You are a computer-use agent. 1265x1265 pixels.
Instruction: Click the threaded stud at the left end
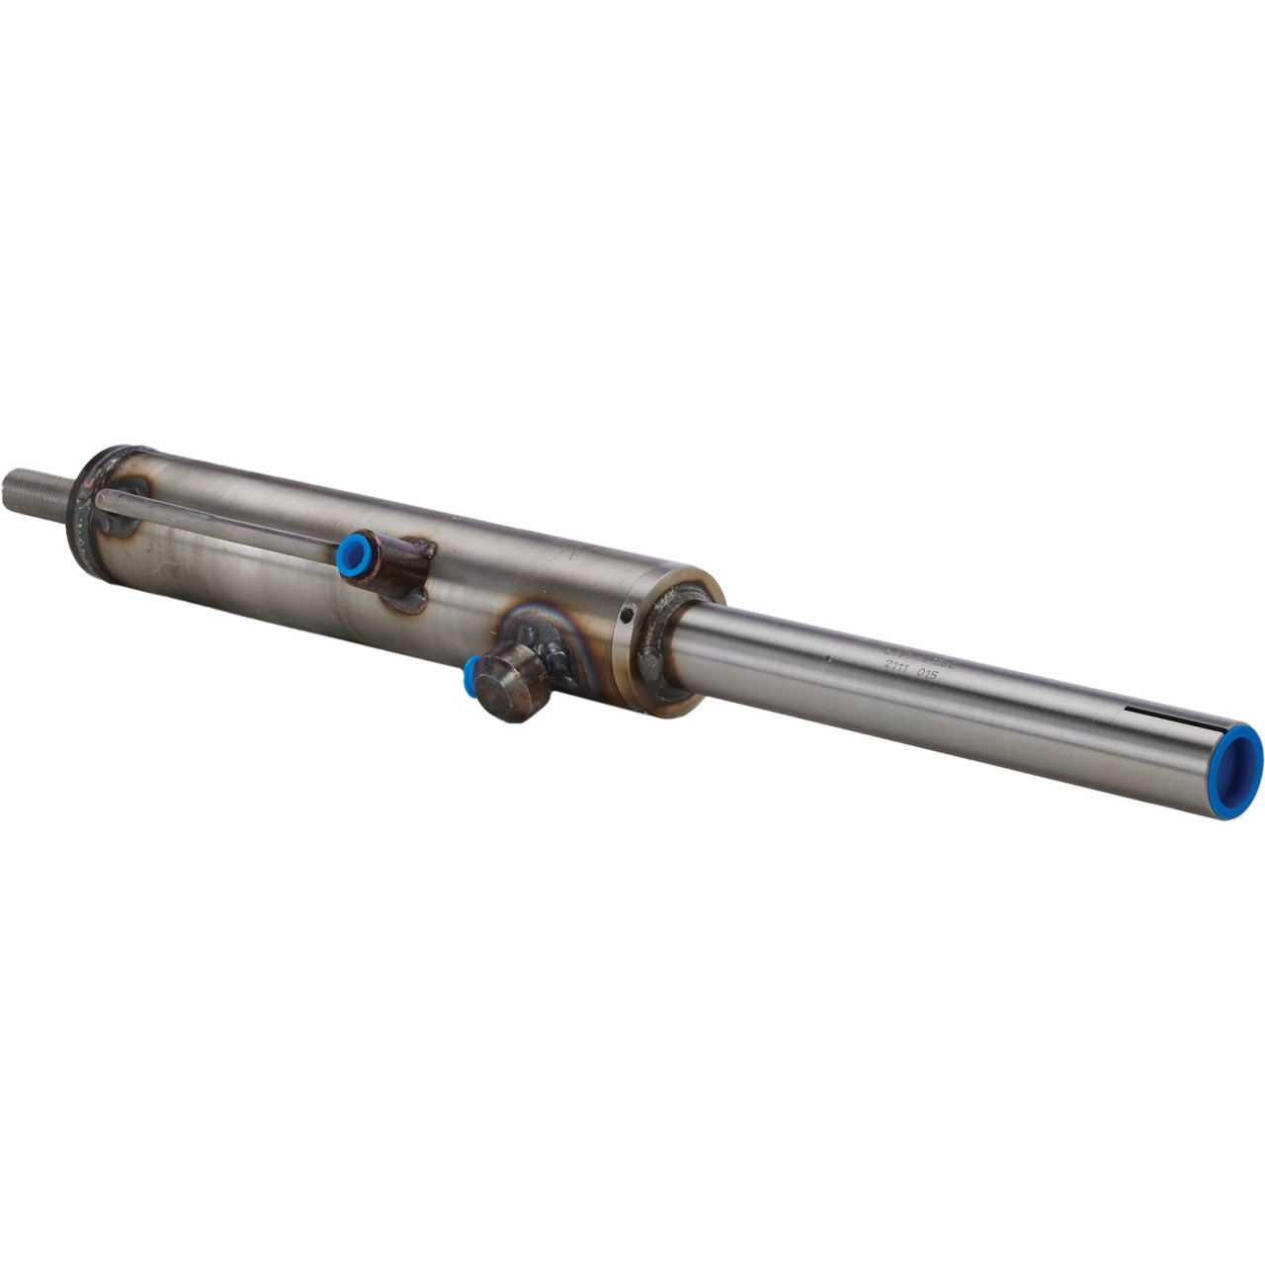36,491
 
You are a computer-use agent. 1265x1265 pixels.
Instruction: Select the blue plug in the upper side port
350,555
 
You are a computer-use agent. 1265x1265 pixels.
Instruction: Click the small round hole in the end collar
625,616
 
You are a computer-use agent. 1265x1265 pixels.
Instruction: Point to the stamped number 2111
898,668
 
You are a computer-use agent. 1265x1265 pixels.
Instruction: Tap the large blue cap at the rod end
1238,760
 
